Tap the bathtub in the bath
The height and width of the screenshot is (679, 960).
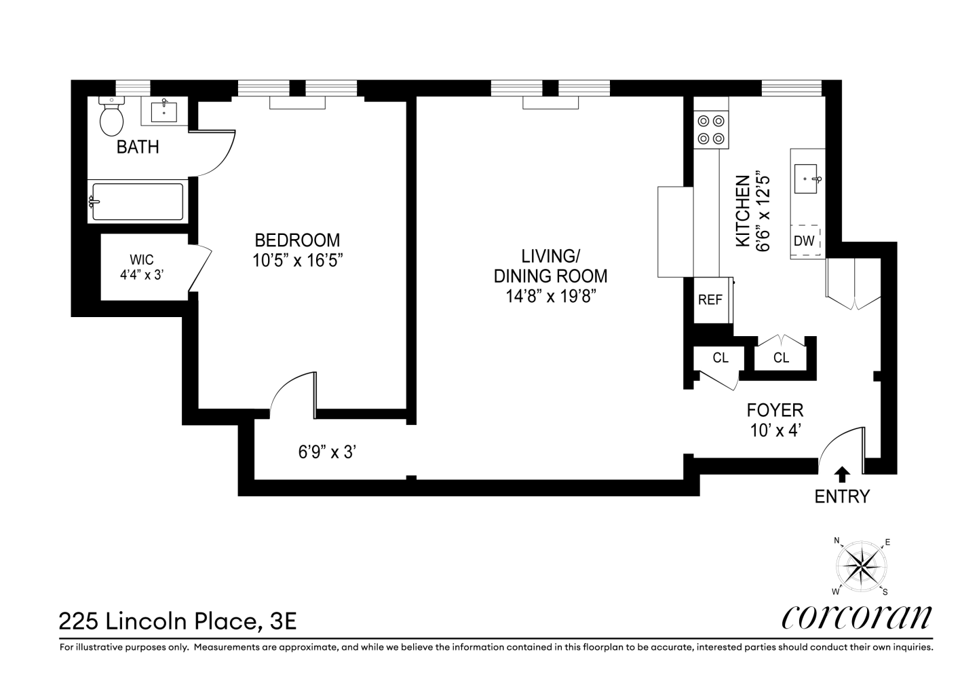pos(138,202)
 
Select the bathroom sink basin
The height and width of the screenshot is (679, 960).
pos(164,110)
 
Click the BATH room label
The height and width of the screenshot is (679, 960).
pos(138,147)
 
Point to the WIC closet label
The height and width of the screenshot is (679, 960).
pos(142,259)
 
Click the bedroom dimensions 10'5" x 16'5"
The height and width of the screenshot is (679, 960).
pos(297,260)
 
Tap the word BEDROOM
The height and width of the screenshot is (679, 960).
pos(297,240)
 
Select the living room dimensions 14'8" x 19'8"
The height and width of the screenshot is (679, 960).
pos(551,297)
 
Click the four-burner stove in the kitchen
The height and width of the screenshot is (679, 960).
pos(711,130)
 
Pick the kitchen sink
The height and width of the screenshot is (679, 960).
pos(806,179)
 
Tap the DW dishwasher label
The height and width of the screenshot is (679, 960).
pos(804,241)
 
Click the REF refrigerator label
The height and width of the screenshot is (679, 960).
pos(710,300)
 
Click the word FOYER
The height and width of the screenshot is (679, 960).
pos(775,411)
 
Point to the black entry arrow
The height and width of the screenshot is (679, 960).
pos(843,475)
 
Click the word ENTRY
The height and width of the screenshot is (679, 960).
pos(842,497)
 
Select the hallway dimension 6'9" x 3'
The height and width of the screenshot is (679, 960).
pos(328,452)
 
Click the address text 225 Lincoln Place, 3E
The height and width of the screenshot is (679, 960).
pos(178,621)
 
